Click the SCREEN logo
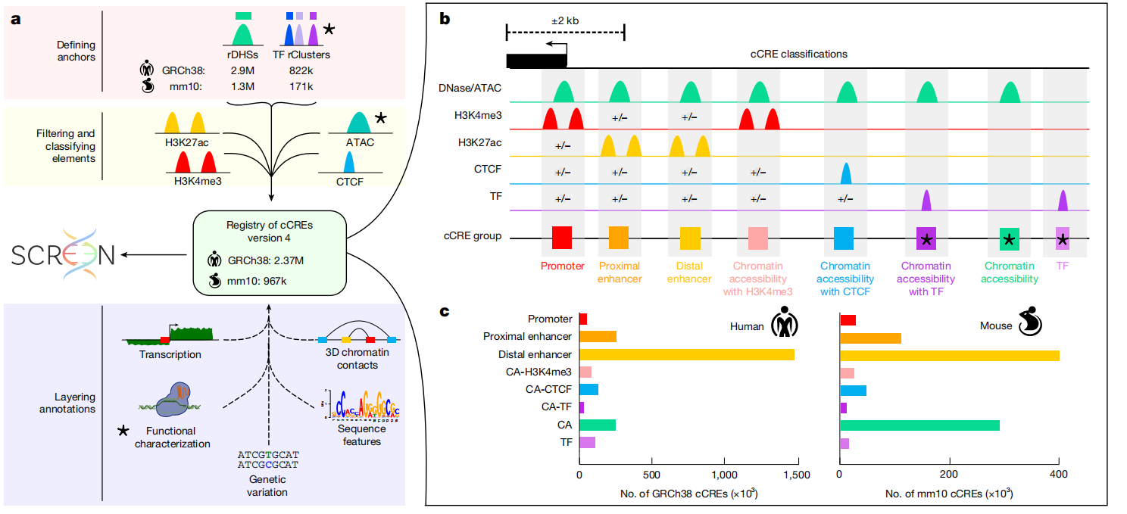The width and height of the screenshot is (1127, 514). click(x=63, y=255)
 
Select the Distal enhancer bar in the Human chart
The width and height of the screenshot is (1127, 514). click(x=686, y=354)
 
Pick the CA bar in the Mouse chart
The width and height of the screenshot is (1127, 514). click(x=919, y=425)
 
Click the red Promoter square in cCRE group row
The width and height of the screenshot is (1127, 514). click(x=562, y=237)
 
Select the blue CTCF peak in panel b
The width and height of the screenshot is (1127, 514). click(x=847, y=173)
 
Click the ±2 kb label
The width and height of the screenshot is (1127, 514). click(x=564, y=20)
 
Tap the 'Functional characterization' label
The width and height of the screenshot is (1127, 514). click(x=172, y=438)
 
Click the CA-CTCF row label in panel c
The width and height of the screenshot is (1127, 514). click(x=548, y=390)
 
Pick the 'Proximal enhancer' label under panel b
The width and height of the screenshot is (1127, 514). click(x=619, y=272)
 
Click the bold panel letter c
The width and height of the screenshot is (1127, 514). click(x=445, y=311)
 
